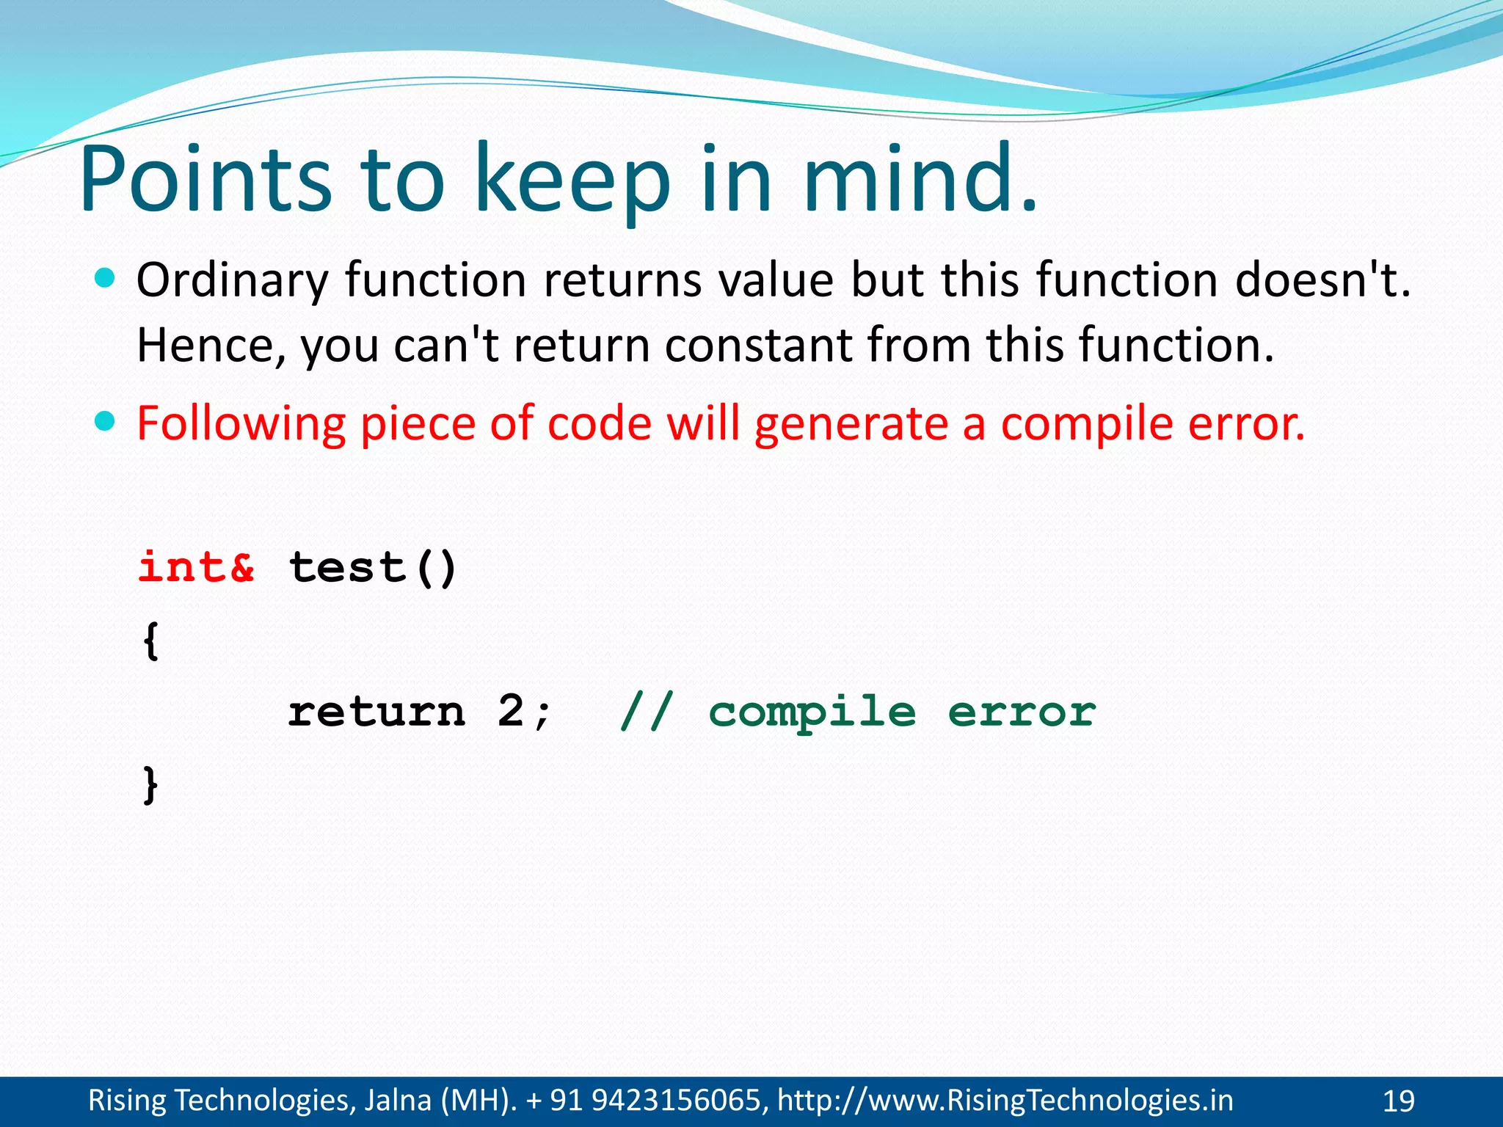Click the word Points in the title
coord(205,180)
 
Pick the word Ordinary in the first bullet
coord(232,282)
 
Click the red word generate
coord(851,425)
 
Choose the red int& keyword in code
coord(197,567)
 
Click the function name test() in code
coord(373,567)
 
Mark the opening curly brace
coord(150,641)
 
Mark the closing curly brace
coord(150,785)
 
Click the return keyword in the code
coord(376,712)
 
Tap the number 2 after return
coord(511,712)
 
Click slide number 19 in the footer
coord(1398,1101)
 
